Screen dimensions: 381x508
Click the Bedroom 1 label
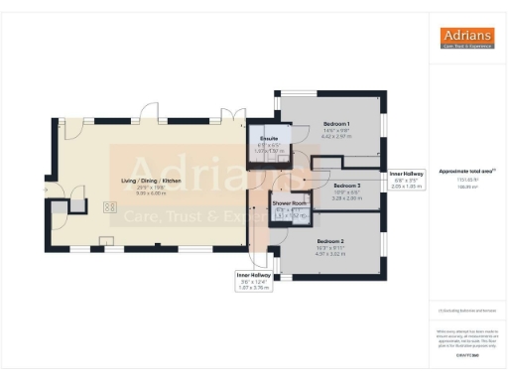pos(336,125)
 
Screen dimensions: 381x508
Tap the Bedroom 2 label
pos(330,241)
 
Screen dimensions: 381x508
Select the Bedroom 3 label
pos(346,186)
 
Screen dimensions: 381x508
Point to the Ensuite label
pos(268,138)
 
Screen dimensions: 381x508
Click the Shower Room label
pos(292,202)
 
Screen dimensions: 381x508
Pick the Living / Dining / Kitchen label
pos(151,180)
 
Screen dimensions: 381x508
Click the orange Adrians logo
pos(466,39)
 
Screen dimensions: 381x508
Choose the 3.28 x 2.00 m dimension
pos(346,197)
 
